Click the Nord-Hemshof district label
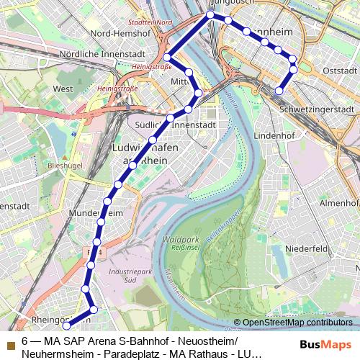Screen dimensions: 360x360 (x=119, y=34)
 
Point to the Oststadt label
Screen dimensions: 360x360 (x=340, y=71)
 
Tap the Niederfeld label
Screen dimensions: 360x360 (x=307, y=248)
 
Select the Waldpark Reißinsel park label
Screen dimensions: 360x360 (x=181, y=243)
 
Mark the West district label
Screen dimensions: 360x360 (x=63, y=89)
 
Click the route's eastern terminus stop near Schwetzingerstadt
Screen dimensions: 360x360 (x=279, y=91)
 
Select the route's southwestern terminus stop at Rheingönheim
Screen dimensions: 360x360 (x=67, y=327)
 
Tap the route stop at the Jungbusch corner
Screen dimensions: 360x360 (x=210, y=14)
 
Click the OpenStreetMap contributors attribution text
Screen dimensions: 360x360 (x=297, y=323)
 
